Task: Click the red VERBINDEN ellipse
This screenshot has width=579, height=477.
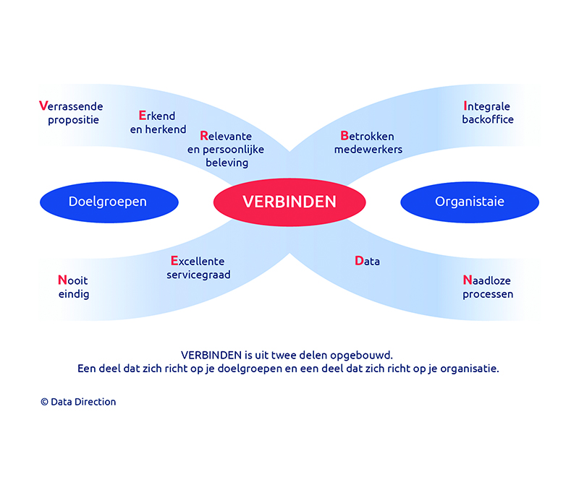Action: [x=289, y=202]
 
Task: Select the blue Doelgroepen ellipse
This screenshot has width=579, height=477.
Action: [x=109, y=202]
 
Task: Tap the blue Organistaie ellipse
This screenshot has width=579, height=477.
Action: [x=470, y=202]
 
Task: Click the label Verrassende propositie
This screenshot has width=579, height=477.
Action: [x=71, y=113]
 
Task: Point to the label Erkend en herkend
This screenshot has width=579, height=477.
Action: [x=158, y=122]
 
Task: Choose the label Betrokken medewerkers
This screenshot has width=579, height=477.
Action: [x=368, y=142]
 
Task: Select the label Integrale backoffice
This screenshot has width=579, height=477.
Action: [x=488, y=113]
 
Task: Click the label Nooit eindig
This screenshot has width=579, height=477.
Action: [x=74, y=287]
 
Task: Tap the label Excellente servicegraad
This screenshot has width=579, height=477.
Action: [x=198, y=268]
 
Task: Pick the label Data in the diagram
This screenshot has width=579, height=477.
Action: [x=367, y=261]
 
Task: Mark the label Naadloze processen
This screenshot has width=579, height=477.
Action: [x=488, y=287]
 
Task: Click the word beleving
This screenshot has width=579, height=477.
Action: [x=227, y=163]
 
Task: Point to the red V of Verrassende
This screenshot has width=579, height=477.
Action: [x=43, y=106]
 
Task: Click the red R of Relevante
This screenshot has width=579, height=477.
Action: [x=204, y=136]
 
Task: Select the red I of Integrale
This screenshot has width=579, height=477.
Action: [x=465, y=106]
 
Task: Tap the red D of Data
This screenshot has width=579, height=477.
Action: [x=359, y=261]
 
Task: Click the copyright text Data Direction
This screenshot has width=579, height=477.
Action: [x=78, y=402]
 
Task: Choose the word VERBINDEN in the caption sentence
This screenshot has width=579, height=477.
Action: [x=211, y=355]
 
